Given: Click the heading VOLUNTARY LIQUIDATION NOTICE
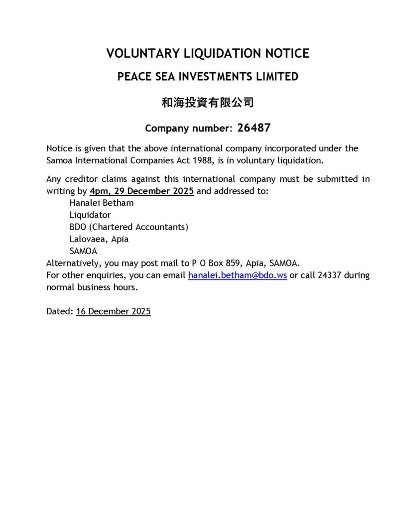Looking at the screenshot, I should [208, 53].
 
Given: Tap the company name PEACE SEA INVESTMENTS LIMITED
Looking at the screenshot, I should [208, 77].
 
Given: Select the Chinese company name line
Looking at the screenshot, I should [208, 103].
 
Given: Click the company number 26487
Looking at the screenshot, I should [254, 128].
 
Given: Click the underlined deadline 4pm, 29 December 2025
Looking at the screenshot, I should [142, 191].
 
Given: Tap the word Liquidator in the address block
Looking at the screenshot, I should [90, 215].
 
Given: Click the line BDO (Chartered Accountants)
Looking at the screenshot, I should [129, 227].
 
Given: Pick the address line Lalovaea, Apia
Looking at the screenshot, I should [99, 239].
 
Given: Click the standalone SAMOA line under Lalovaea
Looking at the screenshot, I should [83, 251].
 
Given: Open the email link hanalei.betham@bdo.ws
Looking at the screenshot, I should [237, 275].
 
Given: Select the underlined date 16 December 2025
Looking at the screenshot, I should [113, 312].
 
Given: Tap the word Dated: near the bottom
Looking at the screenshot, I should [60, 312].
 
